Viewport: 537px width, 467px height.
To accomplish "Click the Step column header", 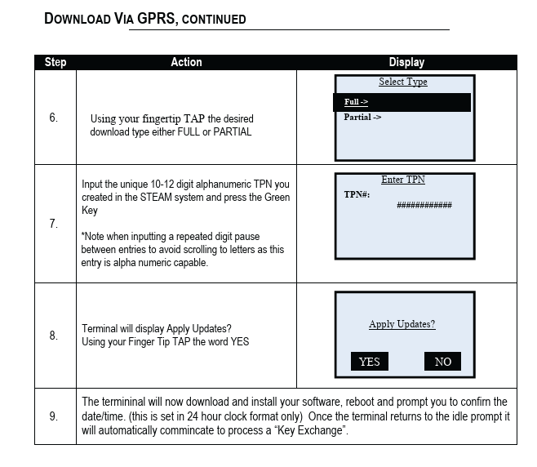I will coord(55,62).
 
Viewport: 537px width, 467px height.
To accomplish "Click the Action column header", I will coord(186,62).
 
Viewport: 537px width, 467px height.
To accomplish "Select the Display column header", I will coord(406,62).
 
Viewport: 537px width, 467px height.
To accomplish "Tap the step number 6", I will coord(54,118).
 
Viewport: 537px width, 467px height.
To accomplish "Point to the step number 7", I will coord(54,224).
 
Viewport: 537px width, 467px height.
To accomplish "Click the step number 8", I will coord(54,335).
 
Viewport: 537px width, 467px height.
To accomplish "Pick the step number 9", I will coord(54,416).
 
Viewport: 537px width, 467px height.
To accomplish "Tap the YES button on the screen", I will coord(370,362).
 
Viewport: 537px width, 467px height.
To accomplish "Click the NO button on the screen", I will coord(442,362).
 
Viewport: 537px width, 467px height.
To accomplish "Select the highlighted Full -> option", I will coord(357,102).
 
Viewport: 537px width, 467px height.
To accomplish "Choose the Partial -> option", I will coord(362,118).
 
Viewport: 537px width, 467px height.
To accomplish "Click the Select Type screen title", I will coord(403,82).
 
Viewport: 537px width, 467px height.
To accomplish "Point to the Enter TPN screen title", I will coord(403,180).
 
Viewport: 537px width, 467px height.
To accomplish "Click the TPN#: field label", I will coord(357,195).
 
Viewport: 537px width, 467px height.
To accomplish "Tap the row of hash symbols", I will coord(424,206).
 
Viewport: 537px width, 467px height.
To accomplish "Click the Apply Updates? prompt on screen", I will coord(402,324).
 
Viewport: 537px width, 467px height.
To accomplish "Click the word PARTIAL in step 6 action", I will coord(230,131).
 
